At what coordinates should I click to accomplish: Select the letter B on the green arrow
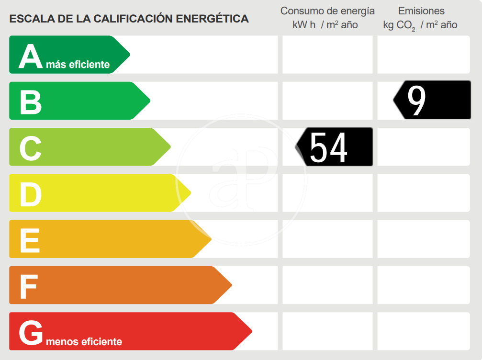pos(31,102)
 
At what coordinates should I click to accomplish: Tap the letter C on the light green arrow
pos(31,148)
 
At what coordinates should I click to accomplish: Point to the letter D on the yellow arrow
pos(31,194)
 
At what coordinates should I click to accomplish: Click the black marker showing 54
pos(334,146)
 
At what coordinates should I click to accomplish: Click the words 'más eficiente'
pos(78,65)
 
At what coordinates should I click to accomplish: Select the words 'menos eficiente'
pos(84,342)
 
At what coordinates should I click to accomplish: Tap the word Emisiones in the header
pos(421,11)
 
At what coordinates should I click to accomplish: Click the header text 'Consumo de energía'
pos(327,11)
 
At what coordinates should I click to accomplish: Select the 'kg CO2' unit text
pos(399,25)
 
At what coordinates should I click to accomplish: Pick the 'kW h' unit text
pos(304,25)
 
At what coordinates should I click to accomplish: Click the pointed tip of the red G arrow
pos(251,331)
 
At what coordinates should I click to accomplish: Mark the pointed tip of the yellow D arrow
pos(191,193)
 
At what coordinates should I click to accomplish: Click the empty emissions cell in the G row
pos(423,331)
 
